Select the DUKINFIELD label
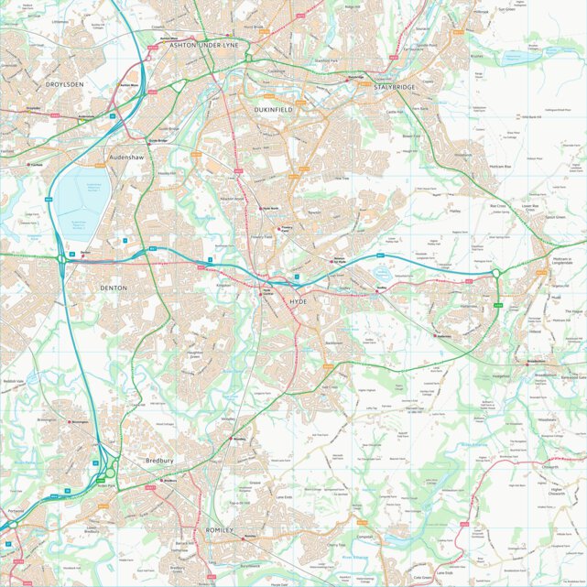(x=273, y=109)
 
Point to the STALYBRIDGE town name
(x=394, y=87)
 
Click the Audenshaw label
(x=127, y=158)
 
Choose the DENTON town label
(x=114, y=288)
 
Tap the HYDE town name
(x=299, y=300)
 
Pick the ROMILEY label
(x=220, y=530)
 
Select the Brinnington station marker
(x=71, y=422)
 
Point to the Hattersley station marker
(x=437, y=336)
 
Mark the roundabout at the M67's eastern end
(x=495, y=273)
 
